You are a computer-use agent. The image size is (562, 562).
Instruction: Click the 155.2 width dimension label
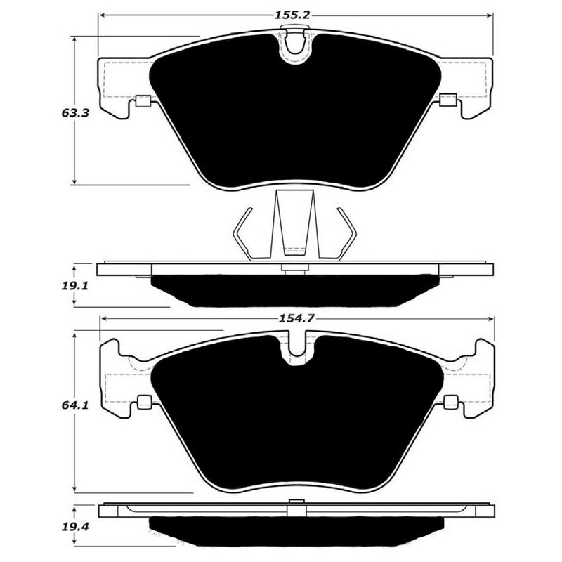(x=292, y=15)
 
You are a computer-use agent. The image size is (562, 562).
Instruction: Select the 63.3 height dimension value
(x=75, y=113)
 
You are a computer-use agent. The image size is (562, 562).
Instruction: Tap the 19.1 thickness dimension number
(x=74, y=286)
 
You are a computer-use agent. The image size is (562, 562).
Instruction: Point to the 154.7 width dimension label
(x=296, y=318)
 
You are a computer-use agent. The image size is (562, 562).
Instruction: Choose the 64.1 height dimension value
(x=75, y=405)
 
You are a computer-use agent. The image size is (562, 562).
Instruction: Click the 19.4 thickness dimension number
(x=75, y=528)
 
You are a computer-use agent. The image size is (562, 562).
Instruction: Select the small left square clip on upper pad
(x=143, y=100)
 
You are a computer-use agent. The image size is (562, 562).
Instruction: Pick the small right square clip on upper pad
(x=448, y=100)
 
